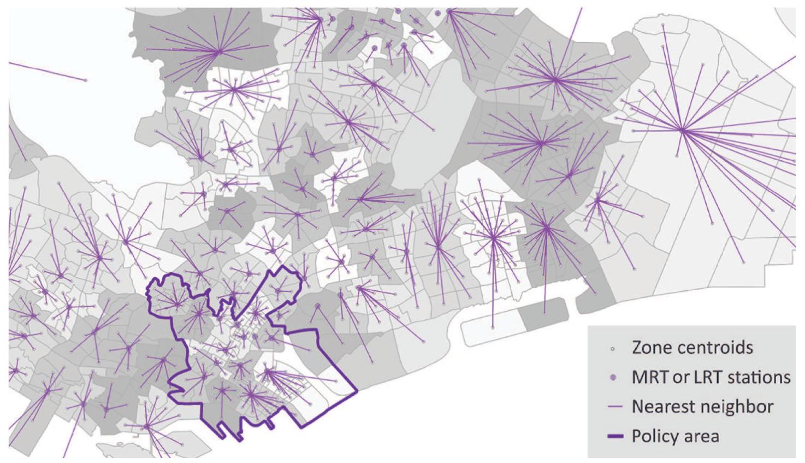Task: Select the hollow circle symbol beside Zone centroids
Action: [x=613, y=348]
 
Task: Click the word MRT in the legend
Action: [x=651, y=377]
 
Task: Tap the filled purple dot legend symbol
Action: [x=613, y=377]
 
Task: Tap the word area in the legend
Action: [x=703, y=436]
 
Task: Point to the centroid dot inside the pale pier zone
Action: [x=493, y=327]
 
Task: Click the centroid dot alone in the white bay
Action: [x=86, y=80]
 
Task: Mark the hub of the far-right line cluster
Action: [x=682, y=130]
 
